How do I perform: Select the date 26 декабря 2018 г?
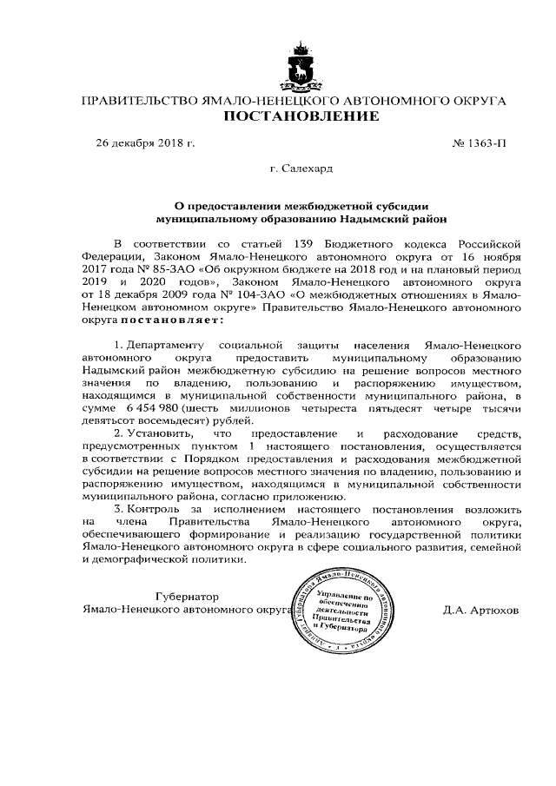145,141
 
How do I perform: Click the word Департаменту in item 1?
167,345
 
